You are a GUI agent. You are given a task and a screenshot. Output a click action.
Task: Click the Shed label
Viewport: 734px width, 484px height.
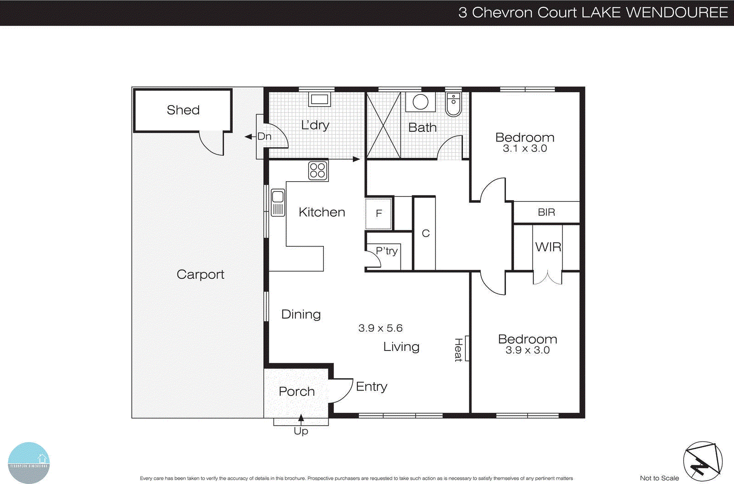click(x=183, y=110)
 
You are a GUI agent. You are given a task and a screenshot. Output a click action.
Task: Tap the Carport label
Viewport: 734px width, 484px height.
click(x=200, y=274)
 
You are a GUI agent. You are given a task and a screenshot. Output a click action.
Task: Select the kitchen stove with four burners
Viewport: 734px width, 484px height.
click(x=317, y=171)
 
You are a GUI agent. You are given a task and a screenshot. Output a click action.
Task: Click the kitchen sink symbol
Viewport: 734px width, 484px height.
click(x=278, y=203)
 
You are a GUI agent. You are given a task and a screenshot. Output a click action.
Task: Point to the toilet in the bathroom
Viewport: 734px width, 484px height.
click(x=453, y=105)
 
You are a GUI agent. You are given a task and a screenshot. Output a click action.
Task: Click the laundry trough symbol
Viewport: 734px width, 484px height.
click(x=319, y=99)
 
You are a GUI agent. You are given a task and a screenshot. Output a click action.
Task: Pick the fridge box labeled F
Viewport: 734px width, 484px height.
click(x=378, y=213)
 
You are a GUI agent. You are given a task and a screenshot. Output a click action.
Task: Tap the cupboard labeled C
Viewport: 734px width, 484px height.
click(x=425, y=234)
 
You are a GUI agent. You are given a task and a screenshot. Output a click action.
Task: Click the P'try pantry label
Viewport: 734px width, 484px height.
click(x=387, y=251)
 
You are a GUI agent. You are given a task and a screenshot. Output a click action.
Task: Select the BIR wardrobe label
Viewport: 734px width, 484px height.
click(x=546, y=212)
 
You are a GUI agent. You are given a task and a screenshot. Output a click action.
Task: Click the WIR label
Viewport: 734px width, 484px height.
click(x=548, y=247)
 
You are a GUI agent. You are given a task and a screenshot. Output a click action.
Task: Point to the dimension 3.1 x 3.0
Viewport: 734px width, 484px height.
click(x=525, y=149)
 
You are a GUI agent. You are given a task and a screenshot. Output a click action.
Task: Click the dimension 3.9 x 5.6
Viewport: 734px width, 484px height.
click(x=380, y=328)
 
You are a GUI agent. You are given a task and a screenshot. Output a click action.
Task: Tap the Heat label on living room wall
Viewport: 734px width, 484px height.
click(x=458, y=350)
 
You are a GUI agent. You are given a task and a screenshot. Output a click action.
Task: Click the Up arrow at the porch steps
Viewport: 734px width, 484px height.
click(x=301, y=418)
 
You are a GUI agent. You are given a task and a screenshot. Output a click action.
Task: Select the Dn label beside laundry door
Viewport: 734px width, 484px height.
click(x=264, y=136)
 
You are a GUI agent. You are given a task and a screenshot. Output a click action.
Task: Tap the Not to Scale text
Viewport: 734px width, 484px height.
click(x=659, y=478)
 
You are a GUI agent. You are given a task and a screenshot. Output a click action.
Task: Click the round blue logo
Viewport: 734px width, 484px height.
click(x=29, y=462)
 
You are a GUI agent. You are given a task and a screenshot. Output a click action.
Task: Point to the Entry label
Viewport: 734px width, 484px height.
click(x=372, y=387)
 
